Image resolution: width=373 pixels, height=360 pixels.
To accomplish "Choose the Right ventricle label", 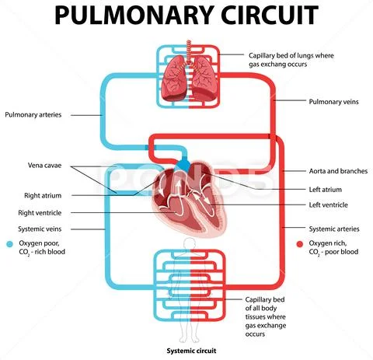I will coord(41,212).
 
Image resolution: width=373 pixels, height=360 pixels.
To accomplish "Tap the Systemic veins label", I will coord(44,229).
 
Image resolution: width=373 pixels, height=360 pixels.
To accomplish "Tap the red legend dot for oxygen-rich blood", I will coord(299,243).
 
